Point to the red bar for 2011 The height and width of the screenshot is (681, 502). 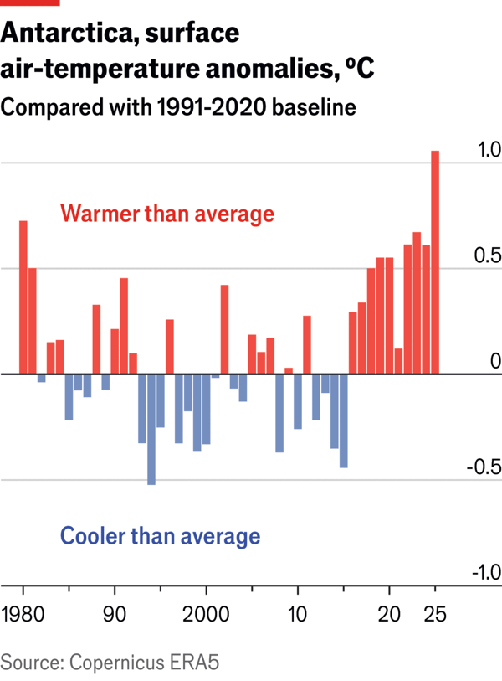[307, 344]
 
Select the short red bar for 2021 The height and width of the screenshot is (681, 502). [399, 361]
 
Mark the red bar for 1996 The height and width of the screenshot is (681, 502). [170, 347]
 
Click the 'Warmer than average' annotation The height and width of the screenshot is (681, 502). [167, 214]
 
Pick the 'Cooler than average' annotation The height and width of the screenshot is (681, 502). [159, 535]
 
